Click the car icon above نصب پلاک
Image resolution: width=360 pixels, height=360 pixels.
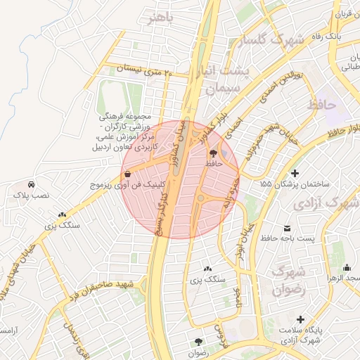point(23,185)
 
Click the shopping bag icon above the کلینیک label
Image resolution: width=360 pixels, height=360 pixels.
point(127,173)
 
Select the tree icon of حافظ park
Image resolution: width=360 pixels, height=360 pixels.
point(213,152)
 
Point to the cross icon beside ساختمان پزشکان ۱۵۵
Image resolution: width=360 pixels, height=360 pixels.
point(295,173)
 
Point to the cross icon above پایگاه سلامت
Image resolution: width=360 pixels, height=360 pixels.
point(301,319)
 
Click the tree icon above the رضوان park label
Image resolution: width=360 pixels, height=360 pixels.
point(199,342)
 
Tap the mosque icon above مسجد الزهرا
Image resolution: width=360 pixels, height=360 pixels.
point(346,267)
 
